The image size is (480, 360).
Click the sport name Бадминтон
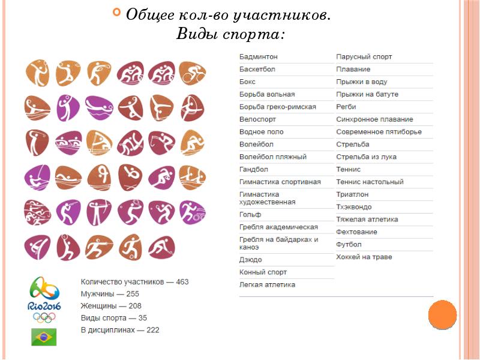pos(259,56)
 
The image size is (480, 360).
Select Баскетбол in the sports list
pos(257,69)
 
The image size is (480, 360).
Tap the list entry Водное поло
pos(262,131)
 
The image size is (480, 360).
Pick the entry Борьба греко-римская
pos(278,107)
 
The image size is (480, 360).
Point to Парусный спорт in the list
pos(364,56)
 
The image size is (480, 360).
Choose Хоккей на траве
pos(364,257)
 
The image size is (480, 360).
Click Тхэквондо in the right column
pos(354,207)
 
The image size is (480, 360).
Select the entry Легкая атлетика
pos(268,284)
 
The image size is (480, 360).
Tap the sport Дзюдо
pos(251,260)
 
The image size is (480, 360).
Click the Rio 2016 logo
pos(44,298)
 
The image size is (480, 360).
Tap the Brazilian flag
pos(44,337)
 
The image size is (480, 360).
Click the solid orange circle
pos(443,314)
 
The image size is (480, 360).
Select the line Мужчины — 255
pos(110,294)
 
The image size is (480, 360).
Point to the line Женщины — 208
pos(111,306)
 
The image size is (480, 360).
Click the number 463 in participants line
pos(182,282)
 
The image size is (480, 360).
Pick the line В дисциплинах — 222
pos(120,330)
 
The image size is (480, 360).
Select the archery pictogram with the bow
pos(99,212)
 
